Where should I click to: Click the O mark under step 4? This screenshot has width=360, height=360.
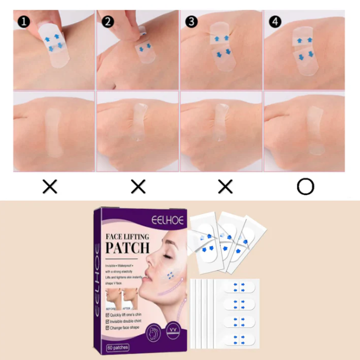tap(305, 187)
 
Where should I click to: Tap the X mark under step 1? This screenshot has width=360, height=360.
tap(50, 187)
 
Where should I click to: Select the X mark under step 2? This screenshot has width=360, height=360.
tap(139, 187)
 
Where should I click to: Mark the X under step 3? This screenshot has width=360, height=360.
tap(225, 187)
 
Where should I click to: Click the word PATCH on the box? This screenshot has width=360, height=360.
tap(128, 247)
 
